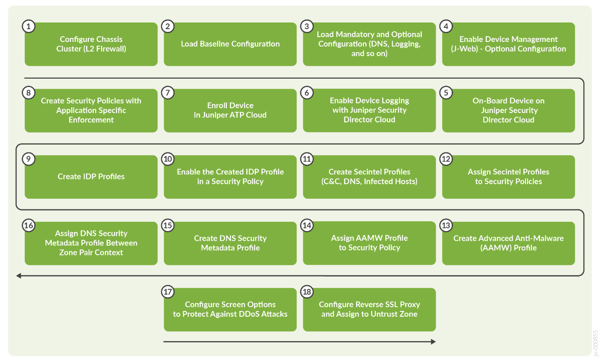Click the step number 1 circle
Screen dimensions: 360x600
(x=28, y=27)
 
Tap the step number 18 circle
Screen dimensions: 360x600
(x=306, y=292)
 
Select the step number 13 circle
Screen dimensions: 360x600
(x=446, y=226)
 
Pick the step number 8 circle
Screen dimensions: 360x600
(x=28, y=93)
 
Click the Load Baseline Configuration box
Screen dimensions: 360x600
(x=230, y=44)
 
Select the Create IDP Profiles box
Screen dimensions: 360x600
(x=91, y=177)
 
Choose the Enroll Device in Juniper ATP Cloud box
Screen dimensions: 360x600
(x=230, y=110)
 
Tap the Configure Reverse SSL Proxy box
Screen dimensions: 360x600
(x=369, y=310)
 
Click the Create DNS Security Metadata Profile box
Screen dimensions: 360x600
(x=230, y=243)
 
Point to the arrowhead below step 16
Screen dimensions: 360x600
(x=19, y=276)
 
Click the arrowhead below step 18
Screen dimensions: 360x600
(x=433, y=341)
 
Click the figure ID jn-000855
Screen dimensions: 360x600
(x=596, y=342)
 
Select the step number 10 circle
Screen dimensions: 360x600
(x=168, y=159)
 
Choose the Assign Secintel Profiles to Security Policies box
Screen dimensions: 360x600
(x=508, y=177)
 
